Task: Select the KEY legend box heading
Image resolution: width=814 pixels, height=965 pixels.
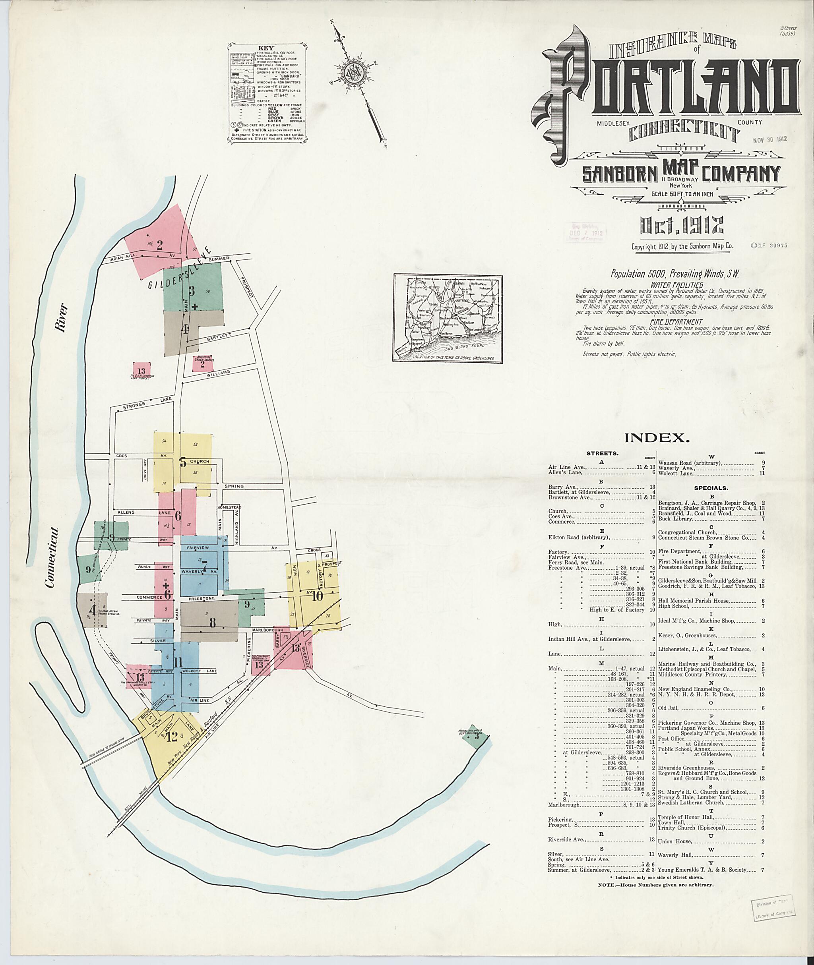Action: point(266,48)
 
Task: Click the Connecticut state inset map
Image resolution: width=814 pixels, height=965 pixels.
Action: point(448,318)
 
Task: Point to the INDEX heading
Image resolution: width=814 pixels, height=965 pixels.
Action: point(657,438)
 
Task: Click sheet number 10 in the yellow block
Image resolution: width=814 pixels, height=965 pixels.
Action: point(317,596)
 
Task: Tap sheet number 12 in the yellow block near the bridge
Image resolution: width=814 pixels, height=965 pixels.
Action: point(172,737)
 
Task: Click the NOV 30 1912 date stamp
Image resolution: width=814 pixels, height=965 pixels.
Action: point(769,138)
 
